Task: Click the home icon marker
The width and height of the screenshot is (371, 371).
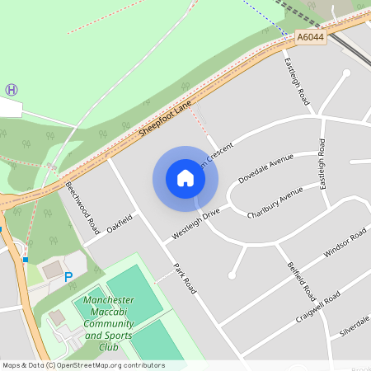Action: [x=185, y=178]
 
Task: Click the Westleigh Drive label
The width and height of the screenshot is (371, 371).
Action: [x=195, y=223]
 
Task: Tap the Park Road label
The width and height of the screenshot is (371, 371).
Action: [x=185, y=279]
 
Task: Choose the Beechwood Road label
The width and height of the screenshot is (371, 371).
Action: [x=82, y=206]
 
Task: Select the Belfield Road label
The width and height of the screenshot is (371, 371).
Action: [x=302, y=281]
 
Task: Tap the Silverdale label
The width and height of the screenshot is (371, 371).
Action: [x=355, y=325]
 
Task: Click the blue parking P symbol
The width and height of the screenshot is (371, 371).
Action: [x=68, y=277]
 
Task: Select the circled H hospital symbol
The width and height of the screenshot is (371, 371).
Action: [x=12, y=89]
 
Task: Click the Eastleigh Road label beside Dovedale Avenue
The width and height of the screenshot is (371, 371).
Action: [x=323, y=165]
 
